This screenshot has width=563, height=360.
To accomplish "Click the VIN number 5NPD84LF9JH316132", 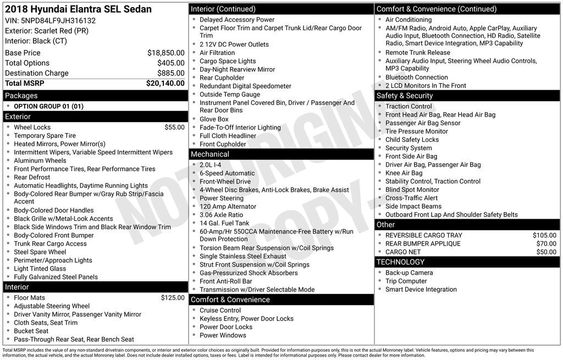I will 58,20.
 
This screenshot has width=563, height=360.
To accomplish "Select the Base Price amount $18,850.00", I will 165,53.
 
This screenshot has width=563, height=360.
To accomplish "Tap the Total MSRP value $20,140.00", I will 165,84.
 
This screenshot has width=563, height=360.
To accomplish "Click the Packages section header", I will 21,96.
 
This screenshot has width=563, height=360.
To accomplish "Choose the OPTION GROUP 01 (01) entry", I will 48,106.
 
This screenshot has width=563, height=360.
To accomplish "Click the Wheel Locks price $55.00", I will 174,127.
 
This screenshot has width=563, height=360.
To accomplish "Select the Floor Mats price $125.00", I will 173,297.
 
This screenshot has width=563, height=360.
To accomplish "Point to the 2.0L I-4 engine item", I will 210,165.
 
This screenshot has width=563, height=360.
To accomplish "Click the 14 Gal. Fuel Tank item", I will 224,223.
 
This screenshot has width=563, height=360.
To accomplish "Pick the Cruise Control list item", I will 220,310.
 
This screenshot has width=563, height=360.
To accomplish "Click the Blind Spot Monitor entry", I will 412,190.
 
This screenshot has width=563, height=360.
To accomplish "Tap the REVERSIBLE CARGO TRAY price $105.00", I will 544,235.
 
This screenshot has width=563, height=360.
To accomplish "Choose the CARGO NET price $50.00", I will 546,252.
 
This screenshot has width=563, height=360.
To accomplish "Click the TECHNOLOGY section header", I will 400,262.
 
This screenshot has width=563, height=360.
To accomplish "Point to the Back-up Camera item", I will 409,273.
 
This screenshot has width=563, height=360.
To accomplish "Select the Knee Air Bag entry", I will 404,173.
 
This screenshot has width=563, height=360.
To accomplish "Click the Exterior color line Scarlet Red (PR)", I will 47,31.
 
